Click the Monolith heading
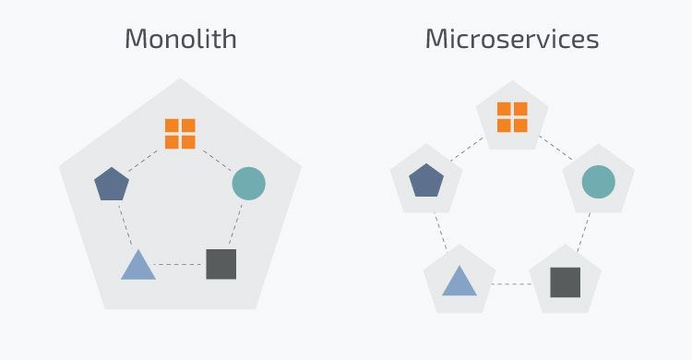[x=180, y=40]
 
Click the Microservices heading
[x=511, y=40]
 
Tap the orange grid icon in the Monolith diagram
[x=180, y=133]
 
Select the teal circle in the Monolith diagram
[x=248, y=184]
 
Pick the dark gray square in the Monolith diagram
[x=221, y=264]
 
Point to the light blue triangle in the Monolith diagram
[x=137, y=266]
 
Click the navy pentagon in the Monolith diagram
[x=112, y=184]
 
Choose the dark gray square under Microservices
[x=565, y=282]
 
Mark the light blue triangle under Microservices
[x=459, y=281]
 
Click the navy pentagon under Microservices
[x=426, y=180]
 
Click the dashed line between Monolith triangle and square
[x=179, y=265]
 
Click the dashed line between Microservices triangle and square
[x=512, y=282]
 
